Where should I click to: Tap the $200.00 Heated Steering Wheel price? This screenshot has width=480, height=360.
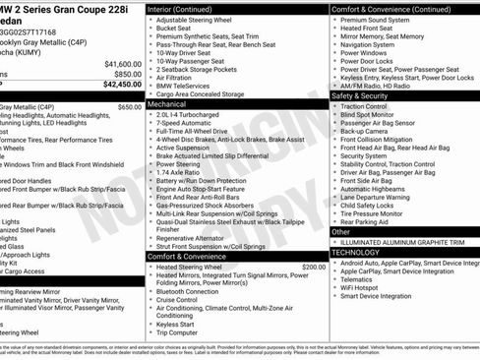coord(313,267)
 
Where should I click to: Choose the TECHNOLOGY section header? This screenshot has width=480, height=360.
coord(356,253)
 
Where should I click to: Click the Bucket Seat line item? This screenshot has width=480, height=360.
coord(173,29)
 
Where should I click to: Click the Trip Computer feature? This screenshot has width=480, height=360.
coord(178,332)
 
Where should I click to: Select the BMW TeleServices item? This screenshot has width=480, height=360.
coord(180,87)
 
